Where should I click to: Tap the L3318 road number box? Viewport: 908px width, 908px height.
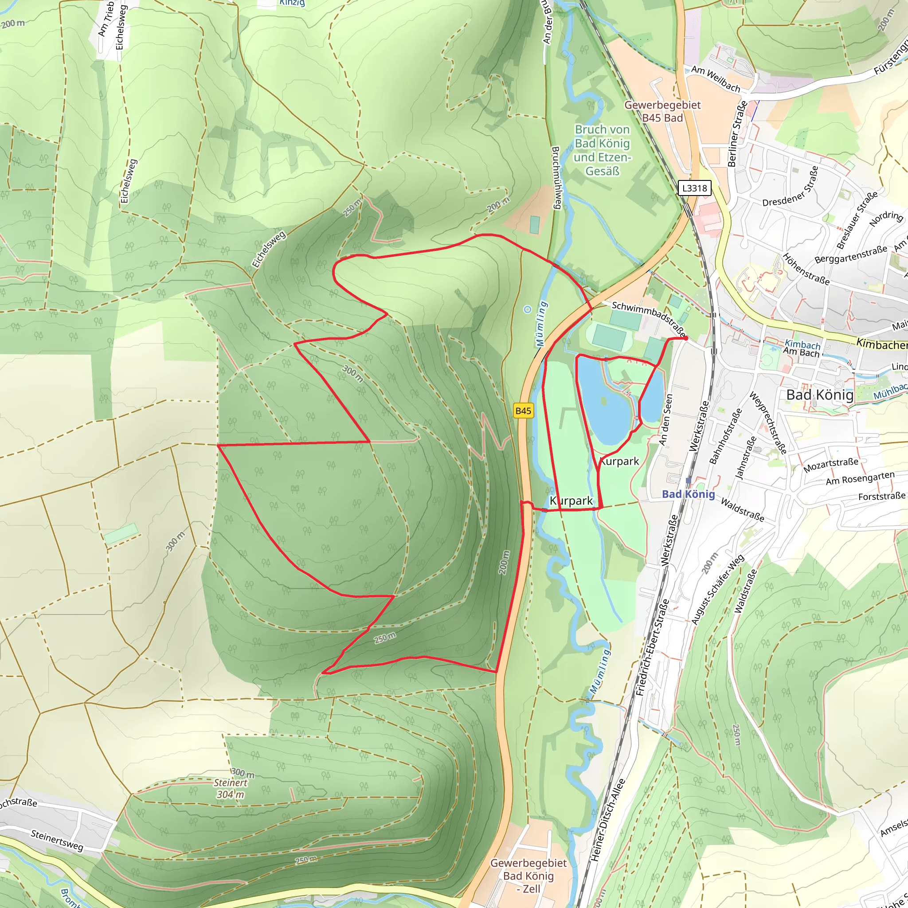click(694, 188)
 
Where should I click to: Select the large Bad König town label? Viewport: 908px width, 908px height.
click(820, 395)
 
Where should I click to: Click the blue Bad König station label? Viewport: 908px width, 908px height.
click(688, 494)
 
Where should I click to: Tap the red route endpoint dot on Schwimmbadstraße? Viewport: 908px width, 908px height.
click(686, 338)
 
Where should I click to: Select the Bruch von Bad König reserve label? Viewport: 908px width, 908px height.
click(602, 150)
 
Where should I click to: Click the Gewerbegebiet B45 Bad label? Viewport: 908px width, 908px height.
click(662, 111)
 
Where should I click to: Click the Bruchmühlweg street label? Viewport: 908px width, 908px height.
click(556, 178)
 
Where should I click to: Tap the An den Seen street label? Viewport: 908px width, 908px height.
click(666, 420)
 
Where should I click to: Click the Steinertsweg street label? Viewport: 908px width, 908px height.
click(57, 841)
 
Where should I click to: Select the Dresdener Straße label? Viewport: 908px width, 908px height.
click(790, 187)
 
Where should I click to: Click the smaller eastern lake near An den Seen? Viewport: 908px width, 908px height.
click(652, 399)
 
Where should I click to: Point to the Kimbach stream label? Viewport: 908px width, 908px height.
click(802, 344)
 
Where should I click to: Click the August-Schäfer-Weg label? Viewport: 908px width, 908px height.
click(718, 590)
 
